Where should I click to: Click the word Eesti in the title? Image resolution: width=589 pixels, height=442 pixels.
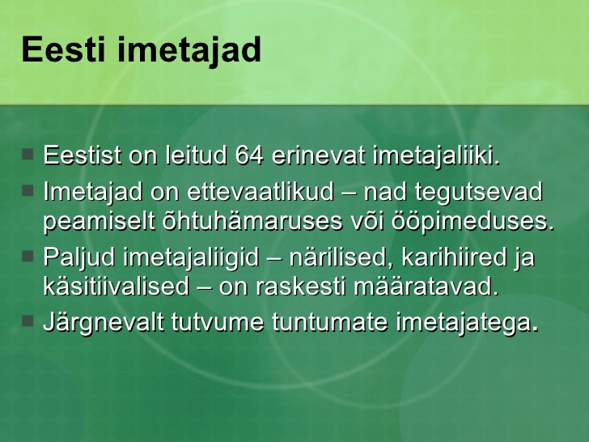point(63,49)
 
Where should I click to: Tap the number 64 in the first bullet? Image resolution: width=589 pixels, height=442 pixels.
point(249,155)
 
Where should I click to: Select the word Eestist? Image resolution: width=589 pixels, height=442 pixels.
point(83,155)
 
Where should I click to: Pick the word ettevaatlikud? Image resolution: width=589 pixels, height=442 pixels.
point(261,191)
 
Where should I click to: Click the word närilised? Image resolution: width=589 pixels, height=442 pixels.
point(341,257)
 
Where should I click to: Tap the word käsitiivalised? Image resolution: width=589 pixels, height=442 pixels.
point(116,287)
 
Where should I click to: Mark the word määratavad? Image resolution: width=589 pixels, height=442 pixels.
point(426,287)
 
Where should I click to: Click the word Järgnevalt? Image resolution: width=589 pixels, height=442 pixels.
point(104,323)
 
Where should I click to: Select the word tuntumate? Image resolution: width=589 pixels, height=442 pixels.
point(329,322)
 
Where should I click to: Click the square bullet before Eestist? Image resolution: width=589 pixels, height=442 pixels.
point(28,154)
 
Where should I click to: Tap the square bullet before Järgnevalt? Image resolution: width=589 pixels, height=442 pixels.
point(28,321)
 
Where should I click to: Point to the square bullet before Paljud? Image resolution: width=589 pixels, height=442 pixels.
point(28,257)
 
